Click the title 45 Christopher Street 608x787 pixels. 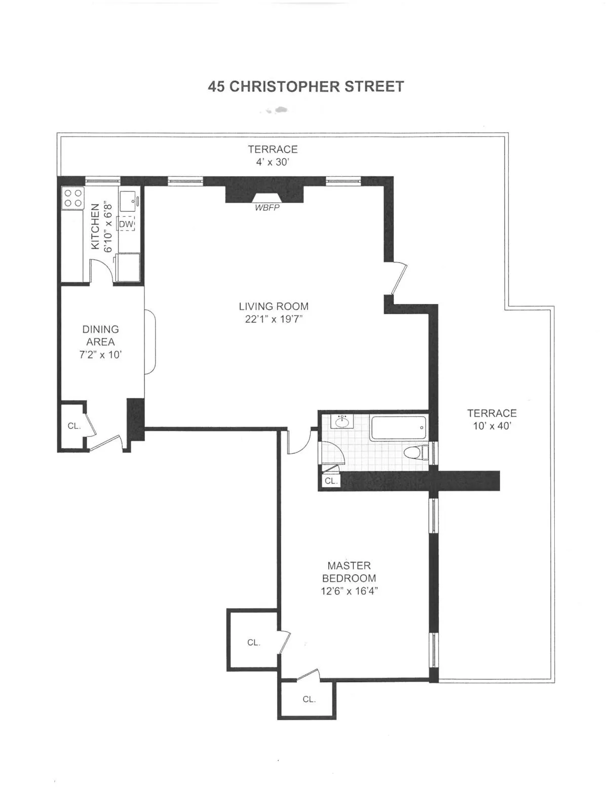pos(306,87)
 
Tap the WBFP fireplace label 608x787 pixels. pos(267,208)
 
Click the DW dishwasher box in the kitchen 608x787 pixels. pos(126,223)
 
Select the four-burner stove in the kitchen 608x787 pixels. pos(72,198)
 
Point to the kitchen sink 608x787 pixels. pos(128,202)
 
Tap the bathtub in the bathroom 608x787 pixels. pos(399,428)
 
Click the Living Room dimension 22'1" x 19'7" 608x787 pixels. pos(274,319)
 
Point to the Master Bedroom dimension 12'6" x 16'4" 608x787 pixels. pos(349,591)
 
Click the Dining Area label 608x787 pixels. pos(100,335)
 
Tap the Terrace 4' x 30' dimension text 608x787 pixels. pos(273,162)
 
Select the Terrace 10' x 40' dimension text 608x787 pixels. pos(492,426)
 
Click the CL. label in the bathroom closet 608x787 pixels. pos(331,481)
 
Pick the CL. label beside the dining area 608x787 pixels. pos(74,426)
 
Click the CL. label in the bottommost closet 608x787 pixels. pos(309,699)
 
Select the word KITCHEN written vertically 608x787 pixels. pos(95,227)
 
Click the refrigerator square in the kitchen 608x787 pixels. pos(128,267)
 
